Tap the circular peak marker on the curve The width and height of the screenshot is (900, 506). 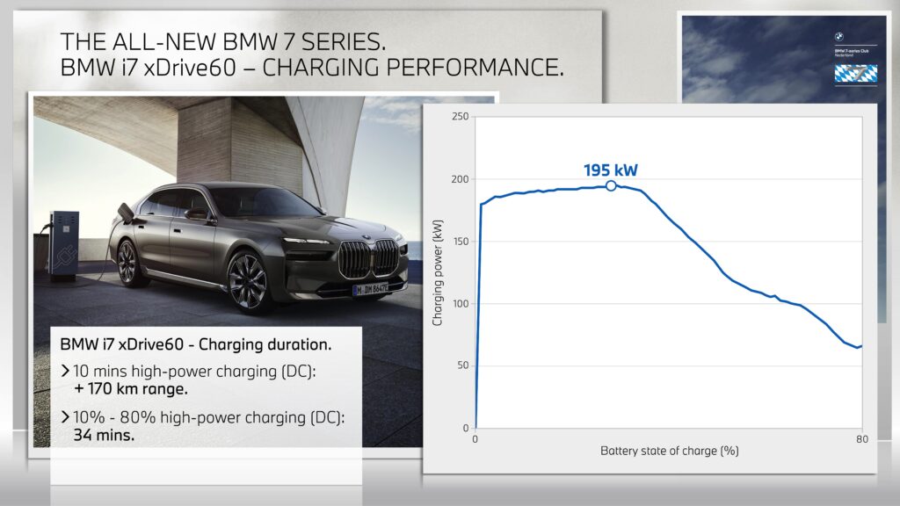pyautogui.click(x=611, y=185)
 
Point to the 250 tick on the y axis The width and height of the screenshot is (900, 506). pyautogui.click(x=460, y=117)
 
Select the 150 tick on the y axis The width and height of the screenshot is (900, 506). pyautogui.click(x=460, y=242)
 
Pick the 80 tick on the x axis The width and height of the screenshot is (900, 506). pyautogui.click(x=860, y=438)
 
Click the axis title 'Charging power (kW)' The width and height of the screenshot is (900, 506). pyautogui.click(x=438, y=272)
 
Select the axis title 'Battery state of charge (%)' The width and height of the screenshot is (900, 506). pyautogui.click(x=669, y=452)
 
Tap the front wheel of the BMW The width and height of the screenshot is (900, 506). pyautogui.click(x=249, y=280)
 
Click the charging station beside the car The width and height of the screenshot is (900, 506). pyautogui.click(x=63, y=246)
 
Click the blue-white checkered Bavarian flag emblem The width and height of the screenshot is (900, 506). pyautogui.click(x=855, y=73)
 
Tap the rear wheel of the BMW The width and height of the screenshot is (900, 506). pyautogui.click(x=128, y=263)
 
